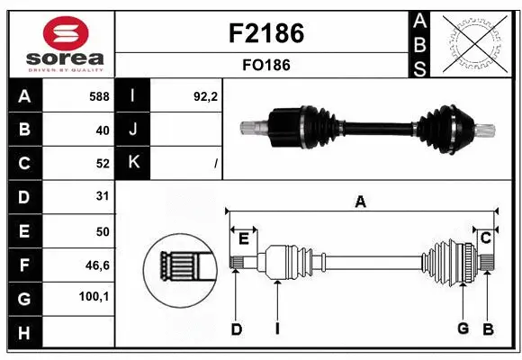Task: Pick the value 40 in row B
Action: [102, 130]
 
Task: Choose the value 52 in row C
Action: [102, 164]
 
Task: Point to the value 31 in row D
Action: [102, 196]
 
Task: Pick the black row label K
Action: [134, 164]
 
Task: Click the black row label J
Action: [134, 130]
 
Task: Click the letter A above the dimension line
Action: [360, 202]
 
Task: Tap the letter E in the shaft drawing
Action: [243, 238]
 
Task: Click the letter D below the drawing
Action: [236, 329]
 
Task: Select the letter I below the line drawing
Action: [277, 329]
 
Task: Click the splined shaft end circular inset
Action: [177, 265]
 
